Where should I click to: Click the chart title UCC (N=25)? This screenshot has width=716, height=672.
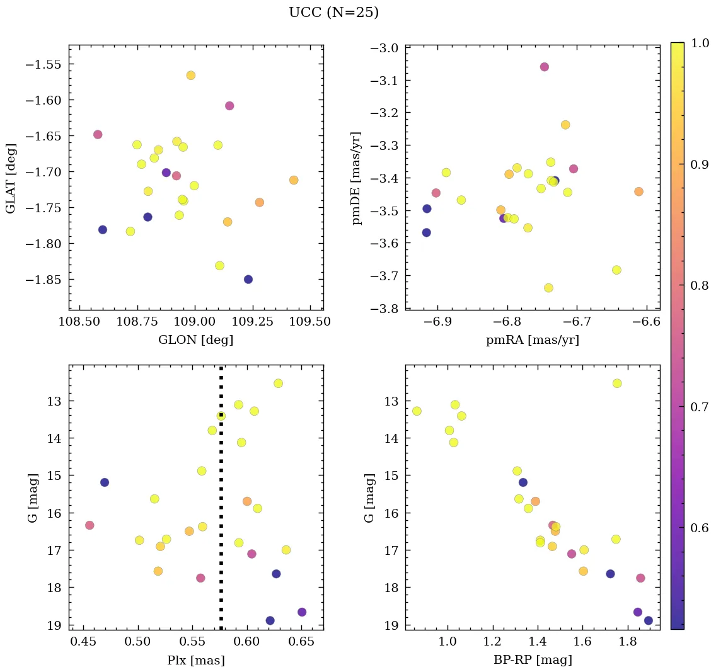coord(333,13)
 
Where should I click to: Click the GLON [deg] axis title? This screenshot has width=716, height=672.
coord(195,340)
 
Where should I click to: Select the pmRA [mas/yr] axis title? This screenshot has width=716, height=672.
coord(532,340)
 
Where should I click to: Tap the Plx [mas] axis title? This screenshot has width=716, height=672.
coord(195,660)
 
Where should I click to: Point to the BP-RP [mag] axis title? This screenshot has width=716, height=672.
coord(532,660)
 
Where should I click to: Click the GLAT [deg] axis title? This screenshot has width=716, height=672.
coord(11,178)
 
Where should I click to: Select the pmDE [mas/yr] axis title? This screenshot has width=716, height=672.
coord(357,178)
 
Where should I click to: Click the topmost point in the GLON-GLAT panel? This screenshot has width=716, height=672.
coord(190,76)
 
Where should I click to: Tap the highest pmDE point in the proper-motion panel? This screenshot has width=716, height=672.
coord(544,67)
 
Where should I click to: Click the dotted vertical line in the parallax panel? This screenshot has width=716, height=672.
coord(221,504)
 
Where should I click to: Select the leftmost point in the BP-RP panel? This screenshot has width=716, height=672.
coord(417,411)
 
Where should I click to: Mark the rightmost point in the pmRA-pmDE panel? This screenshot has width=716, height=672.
coord(638,191)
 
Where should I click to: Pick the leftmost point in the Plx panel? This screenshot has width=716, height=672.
coord(89,525)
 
